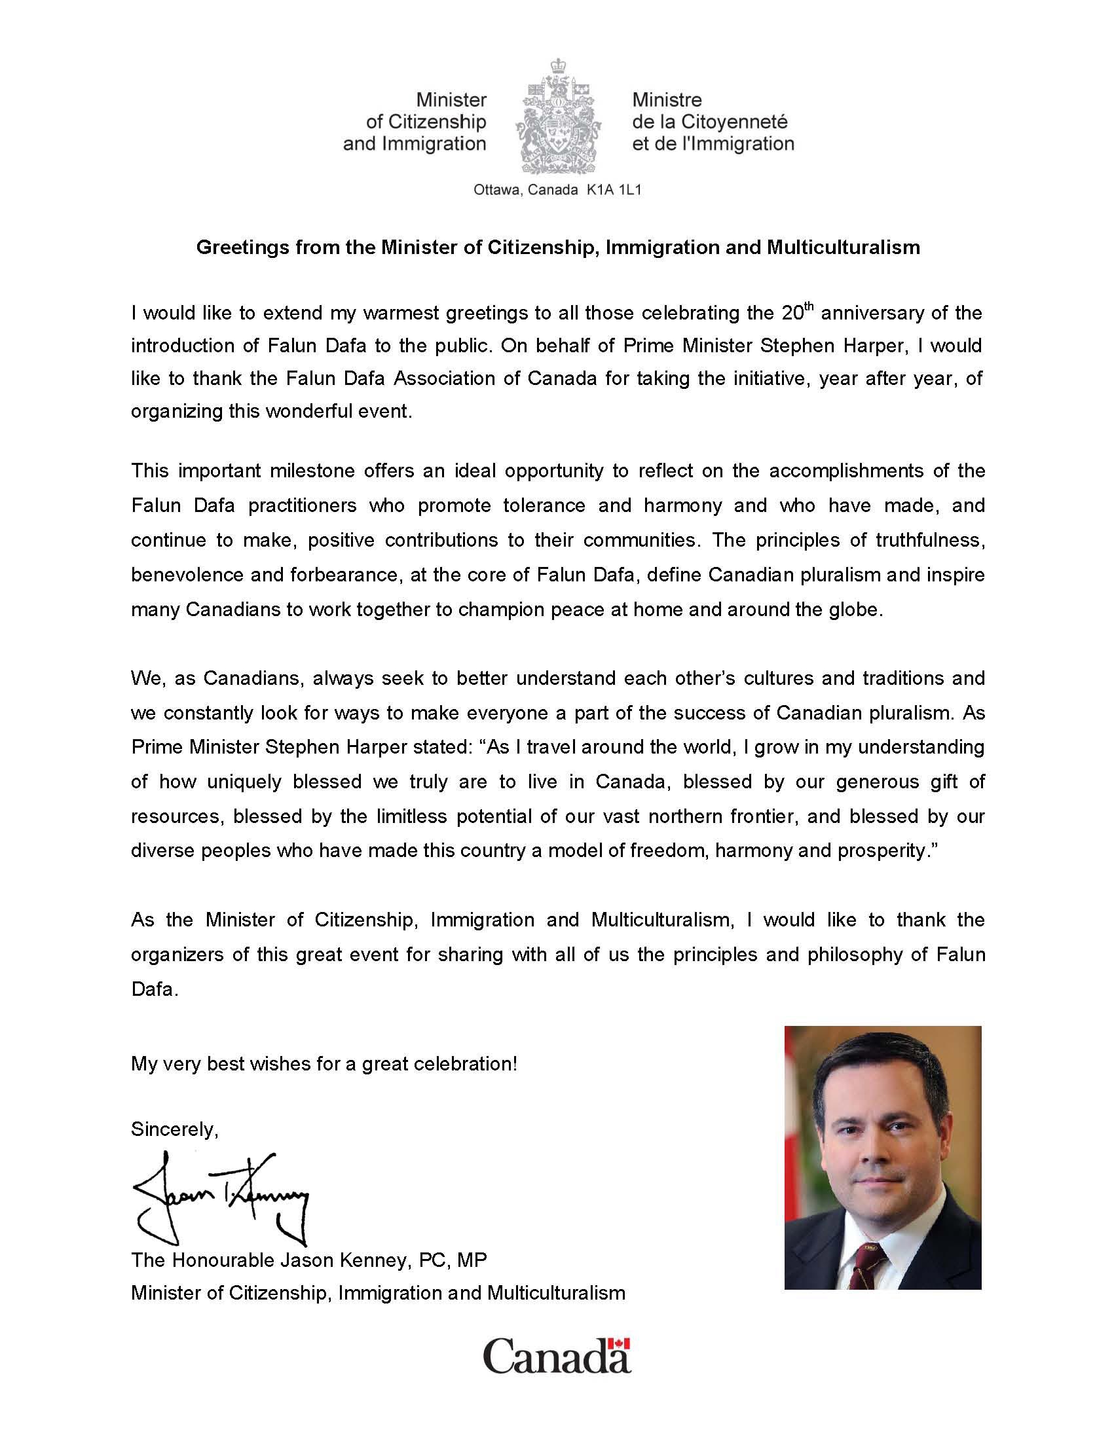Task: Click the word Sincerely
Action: pyautogui.click(x=174, y=1129)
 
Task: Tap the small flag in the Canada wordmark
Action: pyautogui.click(x=619, y=1343)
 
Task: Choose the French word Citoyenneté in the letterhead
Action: pyautogui.click(x=734, y=122)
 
